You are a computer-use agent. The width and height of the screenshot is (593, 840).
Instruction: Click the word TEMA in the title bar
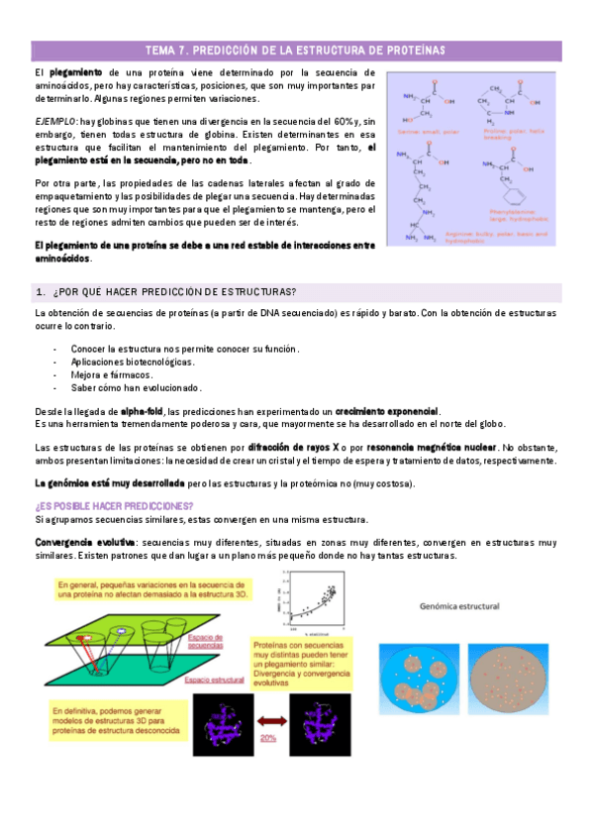tap(160, 49)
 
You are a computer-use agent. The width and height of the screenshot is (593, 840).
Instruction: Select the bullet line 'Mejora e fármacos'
tap(112, 375)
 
